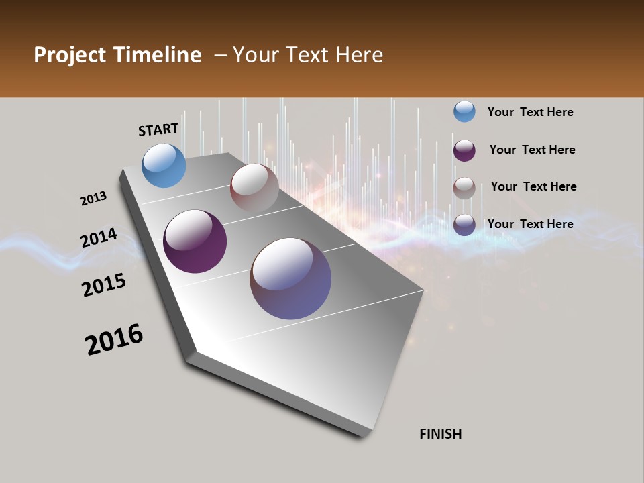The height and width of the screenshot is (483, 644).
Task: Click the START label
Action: [x=158, y=129]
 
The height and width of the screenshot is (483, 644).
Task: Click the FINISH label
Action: [x=440, y=434]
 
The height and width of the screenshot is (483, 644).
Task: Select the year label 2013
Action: [x=93, y=199]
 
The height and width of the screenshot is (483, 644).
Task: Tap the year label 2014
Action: [x=99, y=238]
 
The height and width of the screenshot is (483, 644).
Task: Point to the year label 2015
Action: [x=104, y=285]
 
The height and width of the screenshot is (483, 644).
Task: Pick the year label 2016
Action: [x=114, y=339]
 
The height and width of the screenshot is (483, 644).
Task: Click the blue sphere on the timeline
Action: [x=164, y=165]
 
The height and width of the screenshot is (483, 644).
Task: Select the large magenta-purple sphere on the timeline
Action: [x=195, y=241]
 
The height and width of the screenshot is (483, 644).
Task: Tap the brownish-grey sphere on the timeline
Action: [x=254, y=188]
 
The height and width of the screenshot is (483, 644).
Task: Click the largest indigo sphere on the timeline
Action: [x=290, y=278]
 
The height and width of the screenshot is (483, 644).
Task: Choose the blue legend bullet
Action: [x=464, y=111]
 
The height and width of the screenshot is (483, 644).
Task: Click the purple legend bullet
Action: [x=464, y=150]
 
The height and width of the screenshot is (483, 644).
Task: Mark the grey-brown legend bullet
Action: [x=464, y=187]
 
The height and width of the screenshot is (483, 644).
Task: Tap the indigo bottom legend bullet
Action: [x=464, y=224]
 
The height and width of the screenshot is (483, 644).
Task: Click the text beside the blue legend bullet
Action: [x=530, y=112]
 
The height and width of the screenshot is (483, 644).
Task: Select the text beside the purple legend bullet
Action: [x=532, y=150]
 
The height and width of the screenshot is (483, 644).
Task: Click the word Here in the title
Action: [x=359, y=55]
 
